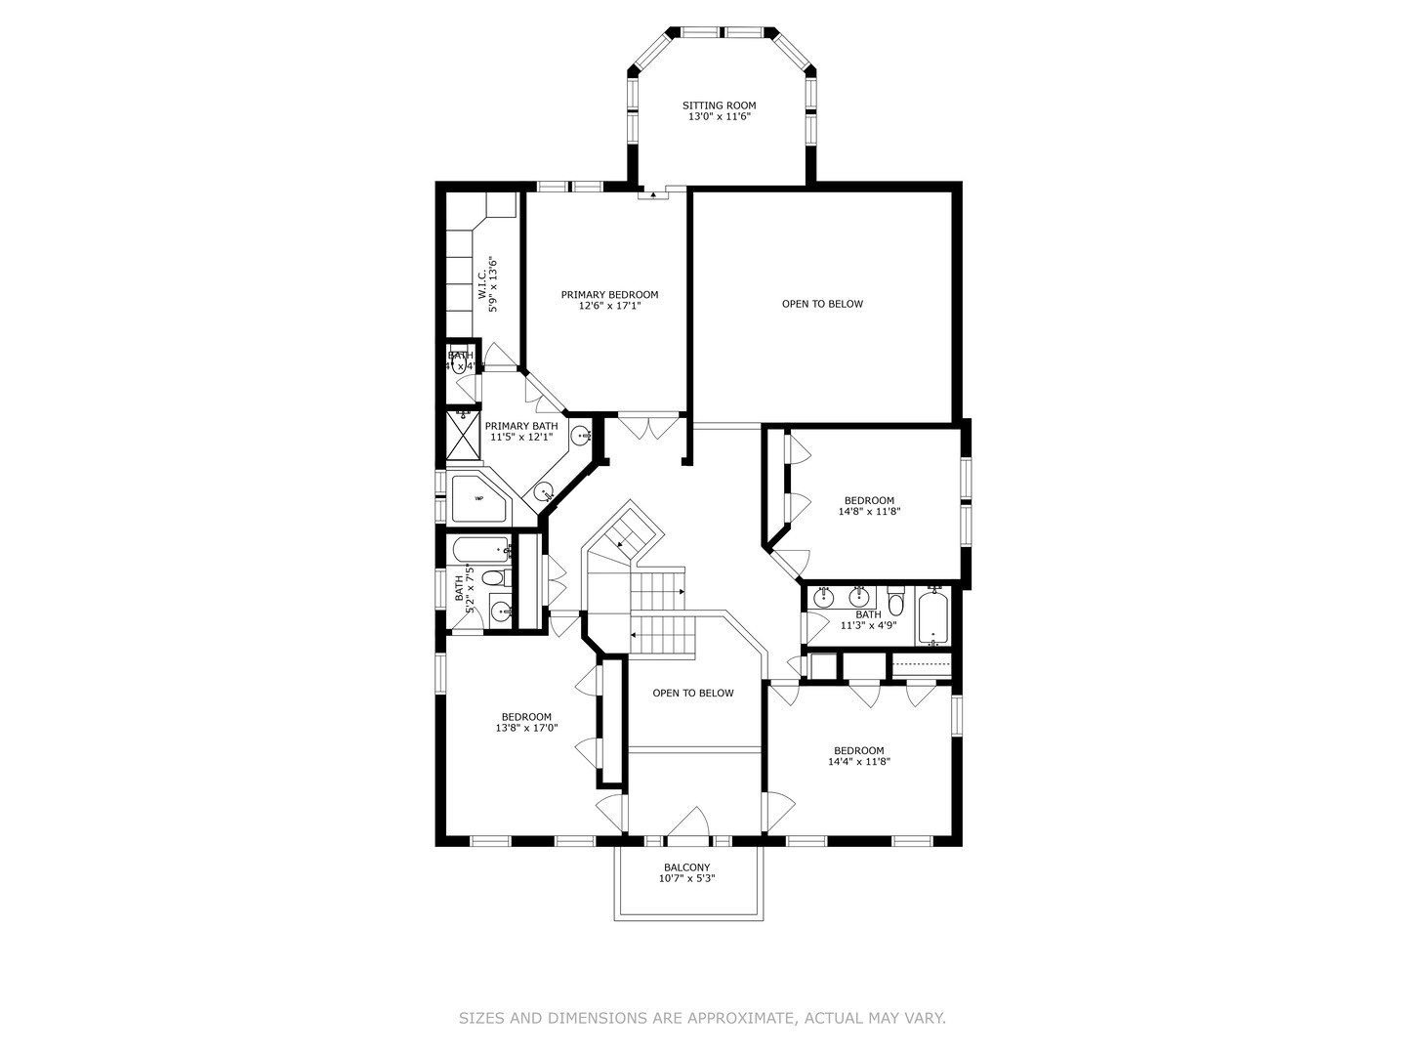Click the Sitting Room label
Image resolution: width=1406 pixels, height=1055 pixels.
click(719, 111)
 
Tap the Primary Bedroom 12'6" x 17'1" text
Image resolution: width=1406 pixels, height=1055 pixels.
click(609, 300)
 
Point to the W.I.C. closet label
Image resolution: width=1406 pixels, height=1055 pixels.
click(488, 284)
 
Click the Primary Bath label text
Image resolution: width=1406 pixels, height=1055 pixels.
click(521, 432)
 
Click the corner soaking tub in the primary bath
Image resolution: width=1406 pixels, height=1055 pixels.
click(478, 498)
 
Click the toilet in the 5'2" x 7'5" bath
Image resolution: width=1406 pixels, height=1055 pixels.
click(494, 578)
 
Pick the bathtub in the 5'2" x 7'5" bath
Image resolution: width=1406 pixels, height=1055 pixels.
click(480, 551)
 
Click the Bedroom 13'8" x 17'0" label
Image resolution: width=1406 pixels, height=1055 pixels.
click(526, 722)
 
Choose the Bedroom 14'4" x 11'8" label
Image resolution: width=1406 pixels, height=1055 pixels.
click(859, 756)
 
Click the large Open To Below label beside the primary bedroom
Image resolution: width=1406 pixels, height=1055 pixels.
click(822, 304)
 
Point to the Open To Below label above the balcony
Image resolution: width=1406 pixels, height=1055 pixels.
click(693, 694)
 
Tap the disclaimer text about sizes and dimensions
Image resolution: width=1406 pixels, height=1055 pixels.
click(702, 1018)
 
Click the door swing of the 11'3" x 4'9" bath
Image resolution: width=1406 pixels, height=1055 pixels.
click(811, 626)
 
